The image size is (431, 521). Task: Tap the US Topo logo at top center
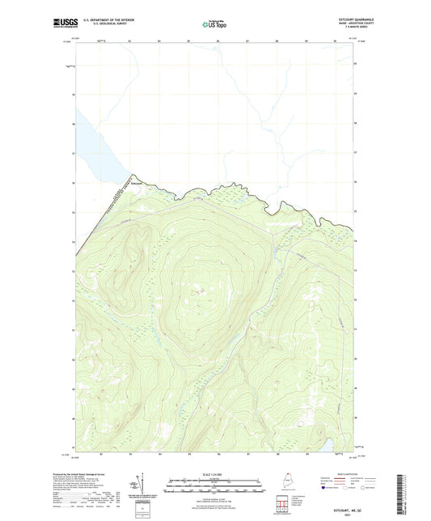point(215,24)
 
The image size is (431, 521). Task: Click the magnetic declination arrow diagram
point(136,484)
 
